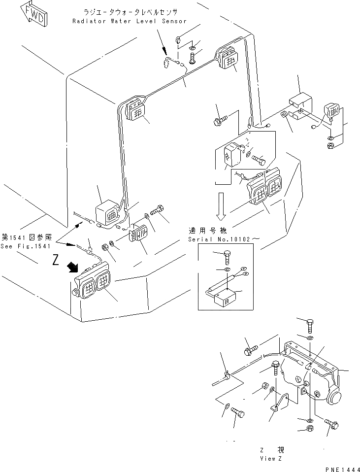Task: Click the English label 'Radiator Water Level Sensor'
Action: point(130,21)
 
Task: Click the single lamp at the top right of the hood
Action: point(226,58)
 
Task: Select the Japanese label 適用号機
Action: point(202,231)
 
